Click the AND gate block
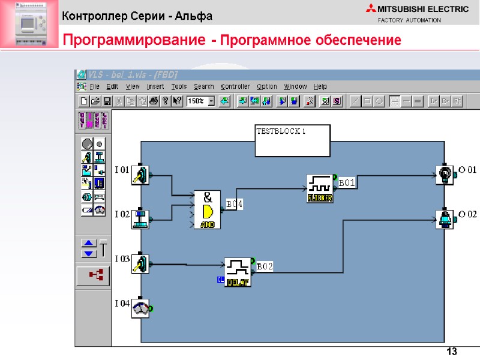point(207,209)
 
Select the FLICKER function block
point(320,188)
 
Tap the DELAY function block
point(238,272)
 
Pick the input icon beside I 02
point(140,218)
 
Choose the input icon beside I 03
point(140,262)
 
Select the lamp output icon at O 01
point(445,174)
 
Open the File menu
point(95,86)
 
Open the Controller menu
point(235,86)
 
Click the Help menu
point(320,86)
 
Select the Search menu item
point(204,86)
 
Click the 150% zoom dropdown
point(201,101)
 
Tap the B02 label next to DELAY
point(265,266)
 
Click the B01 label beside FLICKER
point(348,182)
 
